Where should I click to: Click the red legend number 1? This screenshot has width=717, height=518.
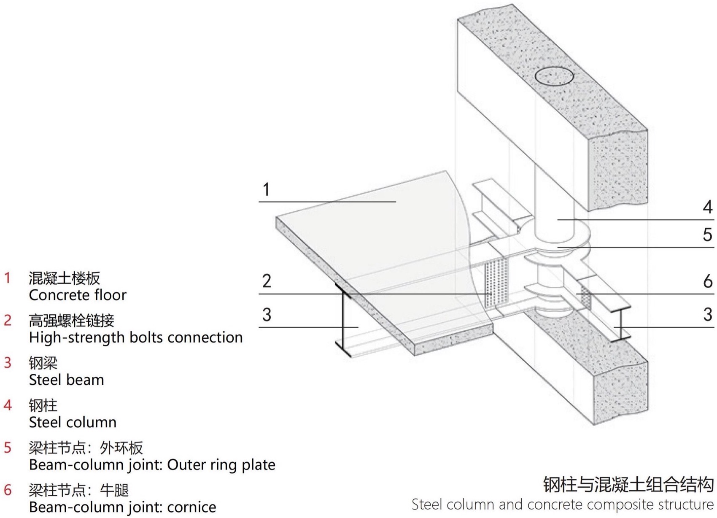(x=7, y=278)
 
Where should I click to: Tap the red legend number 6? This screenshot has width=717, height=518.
(x=8, y=490)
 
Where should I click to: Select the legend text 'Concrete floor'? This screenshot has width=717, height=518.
(x=78, y=295)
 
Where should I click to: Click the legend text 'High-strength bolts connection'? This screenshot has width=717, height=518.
(x=136, y=337)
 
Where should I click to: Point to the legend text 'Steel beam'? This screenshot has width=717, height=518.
(x=66, y=380)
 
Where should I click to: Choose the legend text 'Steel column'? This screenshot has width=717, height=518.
(x=73, y=422)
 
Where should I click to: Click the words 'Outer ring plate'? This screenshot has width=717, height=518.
(x=221, y=465)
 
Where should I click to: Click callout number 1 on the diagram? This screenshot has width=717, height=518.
(x=266, y=189)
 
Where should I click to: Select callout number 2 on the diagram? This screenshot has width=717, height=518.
(x=267, y=281)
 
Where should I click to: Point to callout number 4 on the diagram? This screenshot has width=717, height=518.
(x=707, y=207)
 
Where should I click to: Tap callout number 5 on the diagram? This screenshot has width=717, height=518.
(x=707, y=235)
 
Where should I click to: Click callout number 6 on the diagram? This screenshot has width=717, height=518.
(x=707, y=281)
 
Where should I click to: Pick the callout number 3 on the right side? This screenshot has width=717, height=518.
(x=707, y=315)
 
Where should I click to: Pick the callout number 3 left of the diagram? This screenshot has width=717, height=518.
(x=267, y=315)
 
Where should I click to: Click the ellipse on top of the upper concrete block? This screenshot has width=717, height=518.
(x=554, y=77)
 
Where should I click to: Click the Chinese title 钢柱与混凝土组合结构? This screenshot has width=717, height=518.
(x=628, y=485)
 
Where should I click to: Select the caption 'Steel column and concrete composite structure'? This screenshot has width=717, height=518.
(x=563, y=505)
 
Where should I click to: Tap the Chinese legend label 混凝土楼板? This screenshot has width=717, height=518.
(x=65, y=278)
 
